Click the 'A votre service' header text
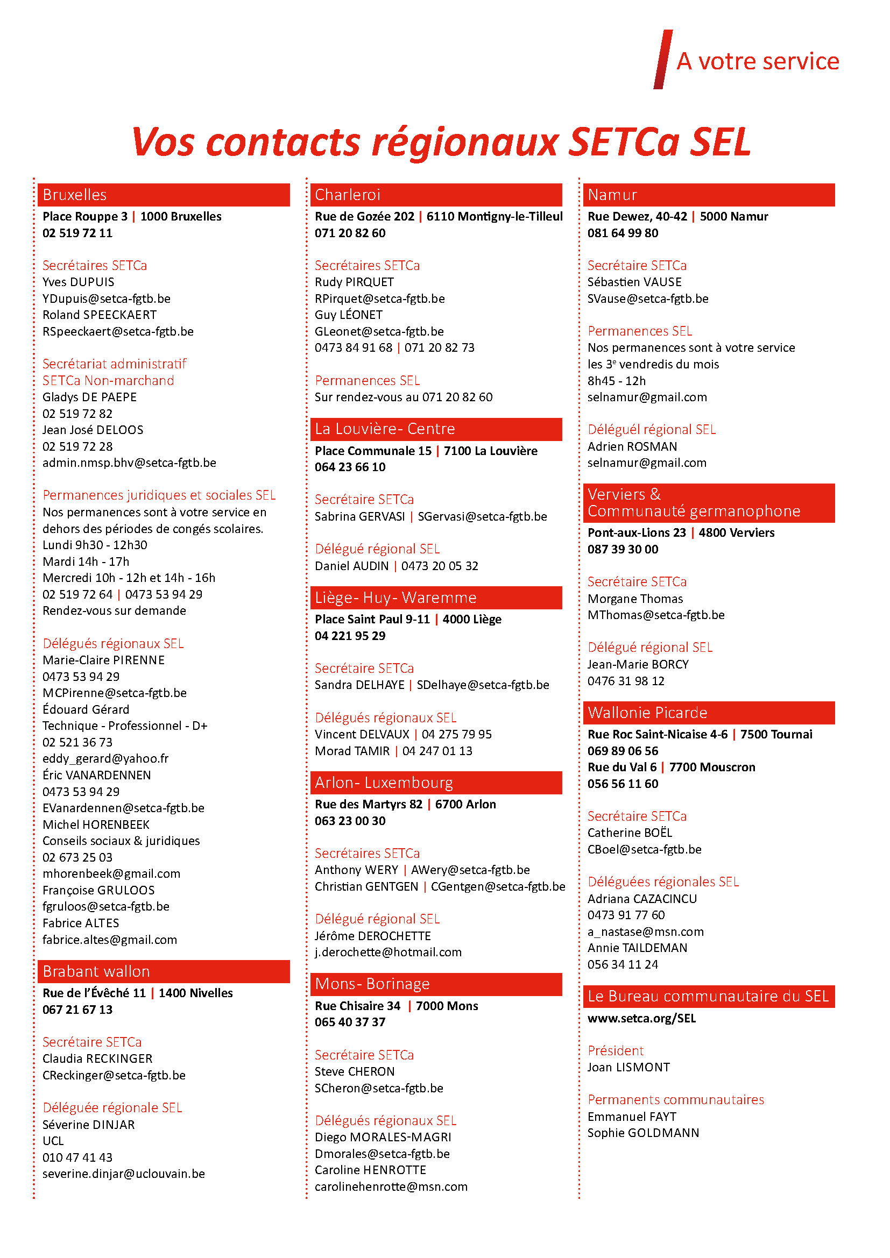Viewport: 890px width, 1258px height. click(x=758, y=61)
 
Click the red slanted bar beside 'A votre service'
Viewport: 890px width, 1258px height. click(x=663, y=59)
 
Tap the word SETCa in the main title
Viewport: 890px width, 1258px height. click(x=624, y=143)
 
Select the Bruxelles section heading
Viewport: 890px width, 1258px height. click(x=75, y=195)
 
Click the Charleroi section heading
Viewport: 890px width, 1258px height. click(x=348, y=195)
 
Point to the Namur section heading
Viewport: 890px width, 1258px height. click(x=612, y=195)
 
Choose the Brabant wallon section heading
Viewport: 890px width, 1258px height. click(x=96, y=971)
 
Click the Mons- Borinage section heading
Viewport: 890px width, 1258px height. click(x=372, y=984)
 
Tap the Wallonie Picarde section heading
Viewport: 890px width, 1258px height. click(x=647, y=712)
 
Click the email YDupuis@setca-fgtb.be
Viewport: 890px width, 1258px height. click(x=107, y=298)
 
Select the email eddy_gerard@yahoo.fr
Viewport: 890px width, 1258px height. click(x=105, y=758)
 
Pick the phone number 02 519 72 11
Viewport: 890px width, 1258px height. click(x=77, y=233)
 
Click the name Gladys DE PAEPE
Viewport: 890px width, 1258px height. click(x=89, y=397)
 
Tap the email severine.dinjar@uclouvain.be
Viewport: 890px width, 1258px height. click(x=123, y=1174)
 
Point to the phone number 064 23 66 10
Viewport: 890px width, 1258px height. click(x=350, y=467)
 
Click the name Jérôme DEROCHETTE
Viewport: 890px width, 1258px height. click(x=373, y=936)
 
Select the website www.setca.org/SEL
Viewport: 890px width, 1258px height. click(x=641, y=1018)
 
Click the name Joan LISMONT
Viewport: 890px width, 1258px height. click(x=628, y=1067)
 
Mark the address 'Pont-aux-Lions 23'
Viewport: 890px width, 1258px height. click(x=636, y=532)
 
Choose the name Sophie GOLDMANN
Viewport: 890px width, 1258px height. click(x=643, y=1133)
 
